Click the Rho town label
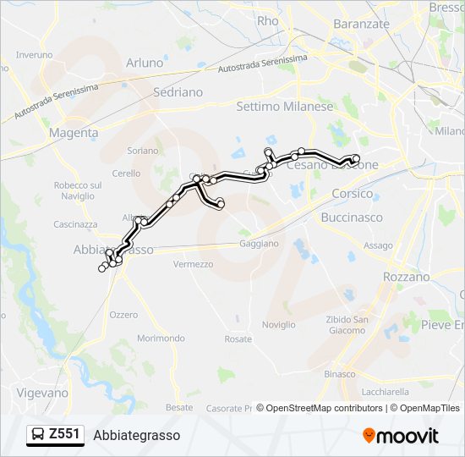click(x=267, y=21)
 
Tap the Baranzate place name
click(x=361, y=24)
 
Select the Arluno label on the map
click(x=144, y=63)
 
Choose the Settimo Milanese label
click(x=285, y=107)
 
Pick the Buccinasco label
click(x=352, y=217)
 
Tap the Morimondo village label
click(x=161, y=339)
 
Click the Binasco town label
click(x=340, y=373)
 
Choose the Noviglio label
click(x=278, y=325)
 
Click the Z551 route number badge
click(x=64, y=434)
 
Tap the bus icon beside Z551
click(x=39, y=435)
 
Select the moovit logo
click(x=401, y=436)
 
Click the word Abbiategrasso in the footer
click(x=137, y=435)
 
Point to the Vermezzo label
click(x=193, y=264)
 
